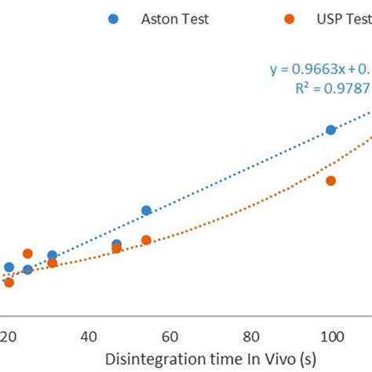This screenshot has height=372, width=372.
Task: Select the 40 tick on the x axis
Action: pyautogui.click(x=89, y=337)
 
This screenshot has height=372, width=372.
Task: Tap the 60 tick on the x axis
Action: pyautogui.click(x=170, y=337)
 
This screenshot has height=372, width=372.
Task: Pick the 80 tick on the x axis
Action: pyautogui.click(x=250, y=337)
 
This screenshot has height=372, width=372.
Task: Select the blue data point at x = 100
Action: pyautogui.click(x=330, y=129)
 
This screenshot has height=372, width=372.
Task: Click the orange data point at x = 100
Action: pyautogui.click(x=330, y=181)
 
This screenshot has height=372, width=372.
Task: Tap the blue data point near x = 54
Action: pyautogui.click(x=146, y=210)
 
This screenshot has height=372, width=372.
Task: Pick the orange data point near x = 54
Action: pyautogui.click(x=146, y=240)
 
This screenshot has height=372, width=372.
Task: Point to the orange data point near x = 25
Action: pyautogui.click(x=28, y=253)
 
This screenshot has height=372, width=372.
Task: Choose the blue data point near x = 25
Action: pyautogui.click(x=28, y=270)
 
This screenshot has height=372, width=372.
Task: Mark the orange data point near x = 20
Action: pyautogui.click(x=9, y=283)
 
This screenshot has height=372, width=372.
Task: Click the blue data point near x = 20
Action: pyautogui.click(x=9, y=267)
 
